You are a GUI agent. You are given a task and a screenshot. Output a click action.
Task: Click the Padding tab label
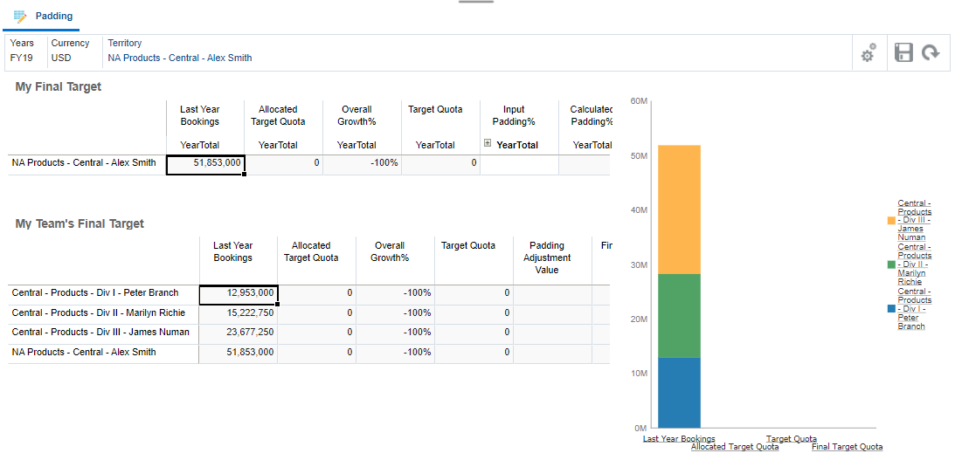point(53,17)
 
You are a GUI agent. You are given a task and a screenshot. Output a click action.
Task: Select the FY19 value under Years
point(22,58)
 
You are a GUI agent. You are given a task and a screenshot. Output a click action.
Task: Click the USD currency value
point(61,58)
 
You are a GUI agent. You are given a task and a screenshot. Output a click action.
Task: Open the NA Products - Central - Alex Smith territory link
point(179,58)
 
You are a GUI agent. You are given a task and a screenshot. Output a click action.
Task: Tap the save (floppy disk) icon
point(903,52)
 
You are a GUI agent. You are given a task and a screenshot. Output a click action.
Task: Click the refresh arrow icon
point(931,52)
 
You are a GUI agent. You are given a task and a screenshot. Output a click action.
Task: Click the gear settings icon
point(868,53)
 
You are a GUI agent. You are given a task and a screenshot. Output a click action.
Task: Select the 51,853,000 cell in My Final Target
point(205,163)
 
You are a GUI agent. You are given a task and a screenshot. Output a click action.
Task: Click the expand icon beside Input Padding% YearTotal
point(487,143)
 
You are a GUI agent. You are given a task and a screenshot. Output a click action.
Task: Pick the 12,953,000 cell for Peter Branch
point(238,293)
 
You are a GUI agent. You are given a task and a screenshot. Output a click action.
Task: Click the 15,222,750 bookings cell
point(238,312)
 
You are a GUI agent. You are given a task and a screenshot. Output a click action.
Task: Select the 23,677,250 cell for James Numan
point(238,332)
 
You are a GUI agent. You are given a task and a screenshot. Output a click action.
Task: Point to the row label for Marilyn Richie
point(99,312)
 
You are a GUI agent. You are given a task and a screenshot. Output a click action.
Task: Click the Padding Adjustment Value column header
point(547,257)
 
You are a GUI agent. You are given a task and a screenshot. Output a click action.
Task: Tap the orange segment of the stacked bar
point(679,209)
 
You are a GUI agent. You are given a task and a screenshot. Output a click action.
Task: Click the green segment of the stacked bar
point(679,315)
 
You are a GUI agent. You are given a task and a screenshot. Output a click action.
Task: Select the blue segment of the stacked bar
point(679,392)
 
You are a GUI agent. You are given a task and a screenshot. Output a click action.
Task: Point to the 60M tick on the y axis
point(638,101)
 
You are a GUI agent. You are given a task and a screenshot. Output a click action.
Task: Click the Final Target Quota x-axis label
point(847,447)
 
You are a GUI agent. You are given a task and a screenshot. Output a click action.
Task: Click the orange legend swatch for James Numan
point(890,220)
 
